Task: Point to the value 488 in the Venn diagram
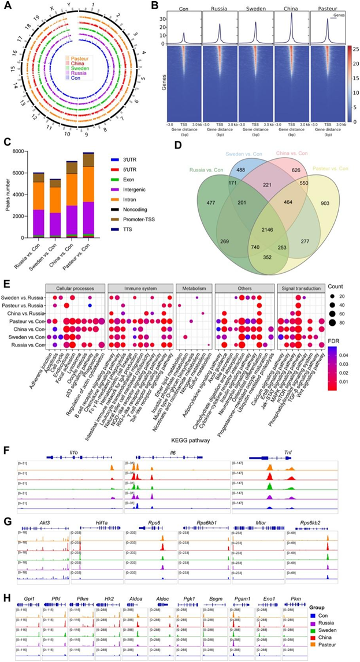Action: click(x=239, y=178)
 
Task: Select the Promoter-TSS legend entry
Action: click(x=138, y=218)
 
